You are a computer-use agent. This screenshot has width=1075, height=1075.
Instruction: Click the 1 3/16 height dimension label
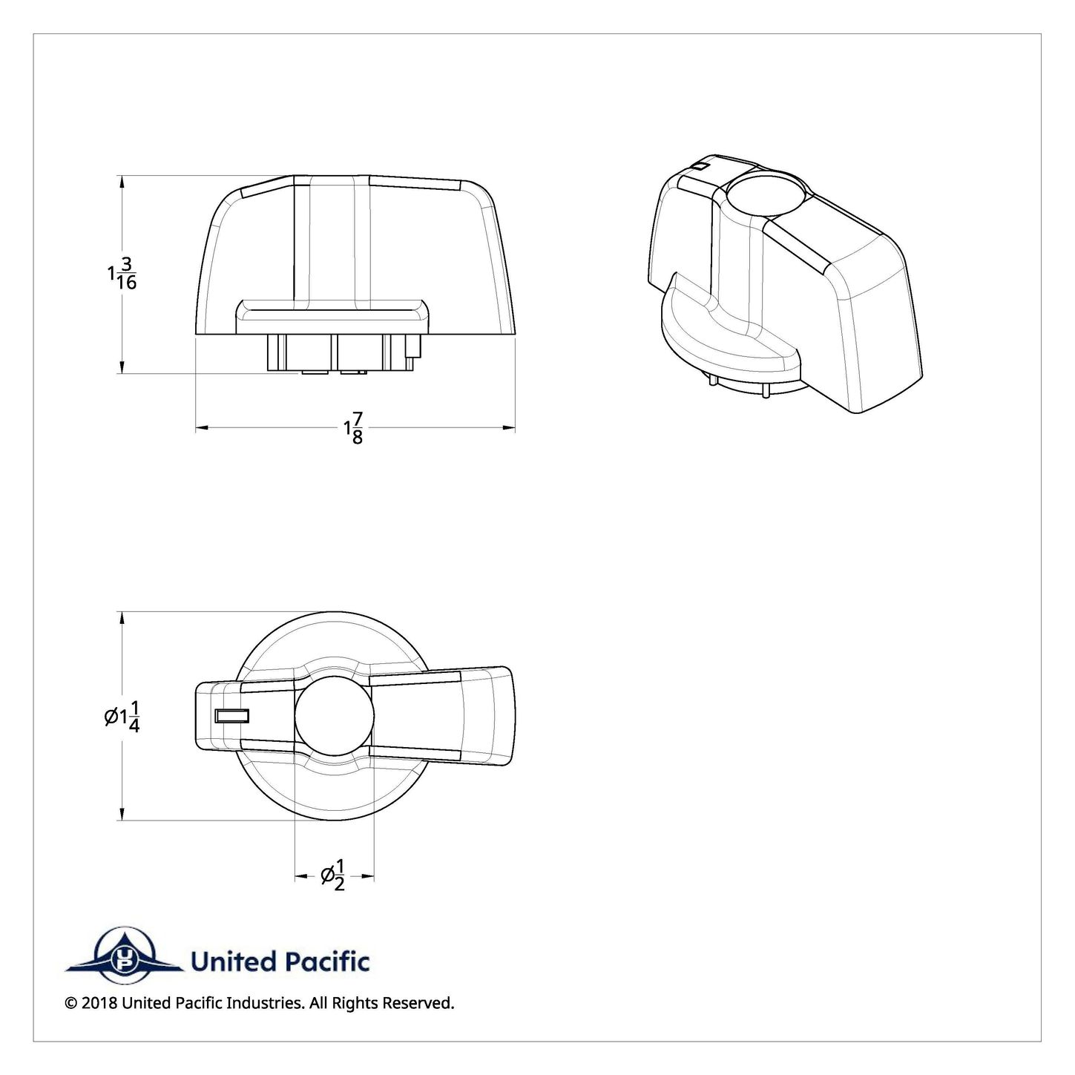122,273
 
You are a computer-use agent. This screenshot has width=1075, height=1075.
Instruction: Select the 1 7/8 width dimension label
354,428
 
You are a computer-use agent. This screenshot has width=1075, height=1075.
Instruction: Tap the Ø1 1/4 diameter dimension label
122,716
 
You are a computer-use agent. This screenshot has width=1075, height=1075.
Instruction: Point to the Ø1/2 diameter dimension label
334,876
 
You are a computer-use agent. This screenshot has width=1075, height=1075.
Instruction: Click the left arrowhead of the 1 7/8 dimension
202,428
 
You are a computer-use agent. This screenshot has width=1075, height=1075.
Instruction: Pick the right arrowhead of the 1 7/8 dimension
508,428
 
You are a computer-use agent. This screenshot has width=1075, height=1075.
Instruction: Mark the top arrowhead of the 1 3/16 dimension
122,183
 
